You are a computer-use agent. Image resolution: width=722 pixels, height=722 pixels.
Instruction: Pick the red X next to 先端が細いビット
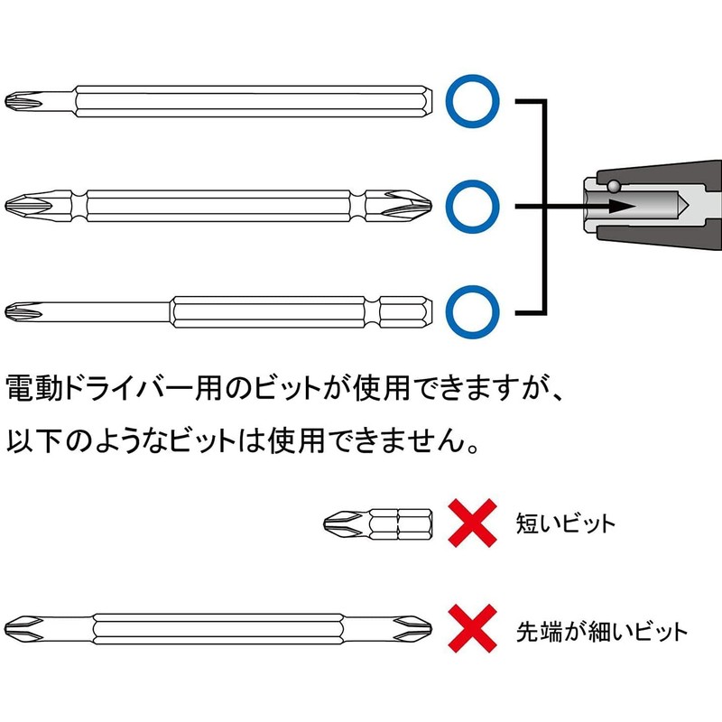tap(474, 629)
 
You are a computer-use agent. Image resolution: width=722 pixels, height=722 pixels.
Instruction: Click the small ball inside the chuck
tap(614, 186)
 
